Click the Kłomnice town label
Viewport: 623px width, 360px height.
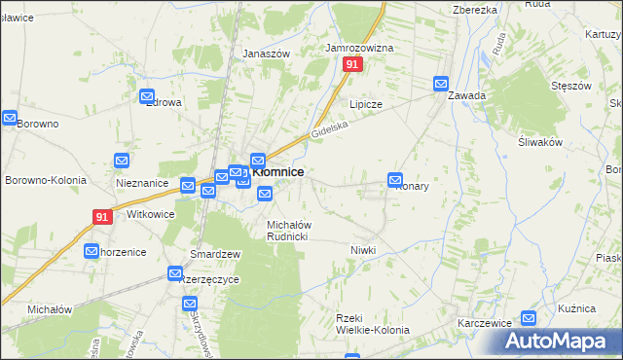[277, 172]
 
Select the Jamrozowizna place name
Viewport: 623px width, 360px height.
[359, 47]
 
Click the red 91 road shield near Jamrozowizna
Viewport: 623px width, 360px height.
[352, 64]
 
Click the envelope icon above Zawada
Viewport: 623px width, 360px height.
[441, 84]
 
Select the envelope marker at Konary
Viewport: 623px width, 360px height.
[395, 179]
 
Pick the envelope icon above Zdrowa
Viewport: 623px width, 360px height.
[148, 97]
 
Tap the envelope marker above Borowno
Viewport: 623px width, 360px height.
[10, 119]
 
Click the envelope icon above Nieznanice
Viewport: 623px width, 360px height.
[122, 161]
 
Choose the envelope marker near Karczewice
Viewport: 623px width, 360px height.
[529, 317]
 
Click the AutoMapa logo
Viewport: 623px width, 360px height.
[557, 341]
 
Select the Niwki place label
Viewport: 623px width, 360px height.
[363, 250]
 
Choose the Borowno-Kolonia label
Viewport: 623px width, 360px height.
[46, 180]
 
